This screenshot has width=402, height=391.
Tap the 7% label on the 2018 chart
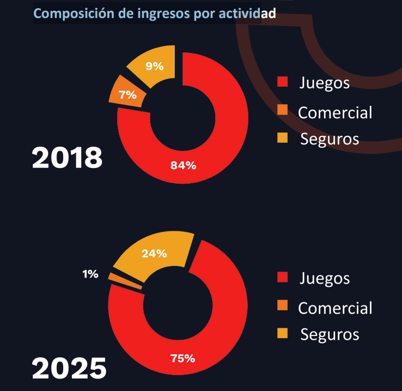coord(127,95)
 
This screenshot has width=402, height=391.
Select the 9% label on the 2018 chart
coord(154,66)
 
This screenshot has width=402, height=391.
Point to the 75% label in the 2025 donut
coord(182,358)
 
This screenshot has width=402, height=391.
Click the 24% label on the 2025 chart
coord(154,254)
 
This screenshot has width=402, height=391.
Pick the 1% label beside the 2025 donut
coord(90,274)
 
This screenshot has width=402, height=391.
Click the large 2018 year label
coord(67,158)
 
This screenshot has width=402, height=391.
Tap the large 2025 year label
coord(69,368)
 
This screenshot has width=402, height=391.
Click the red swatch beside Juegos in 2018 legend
coord(282,83)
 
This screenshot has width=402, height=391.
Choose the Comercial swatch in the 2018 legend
coord(282,110)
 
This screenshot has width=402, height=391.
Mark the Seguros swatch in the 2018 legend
coord(282,138)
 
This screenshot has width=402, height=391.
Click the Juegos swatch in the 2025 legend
coord(282,278)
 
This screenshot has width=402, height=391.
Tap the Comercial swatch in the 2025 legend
coord(282,305)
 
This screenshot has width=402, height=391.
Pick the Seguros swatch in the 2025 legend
coord(282,333)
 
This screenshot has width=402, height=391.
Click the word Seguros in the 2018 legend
coord(330,139)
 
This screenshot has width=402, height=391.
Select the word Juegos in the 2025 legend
coord(324,278)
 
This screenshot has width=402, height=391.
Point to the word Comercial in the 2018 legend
coord(335,112)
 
